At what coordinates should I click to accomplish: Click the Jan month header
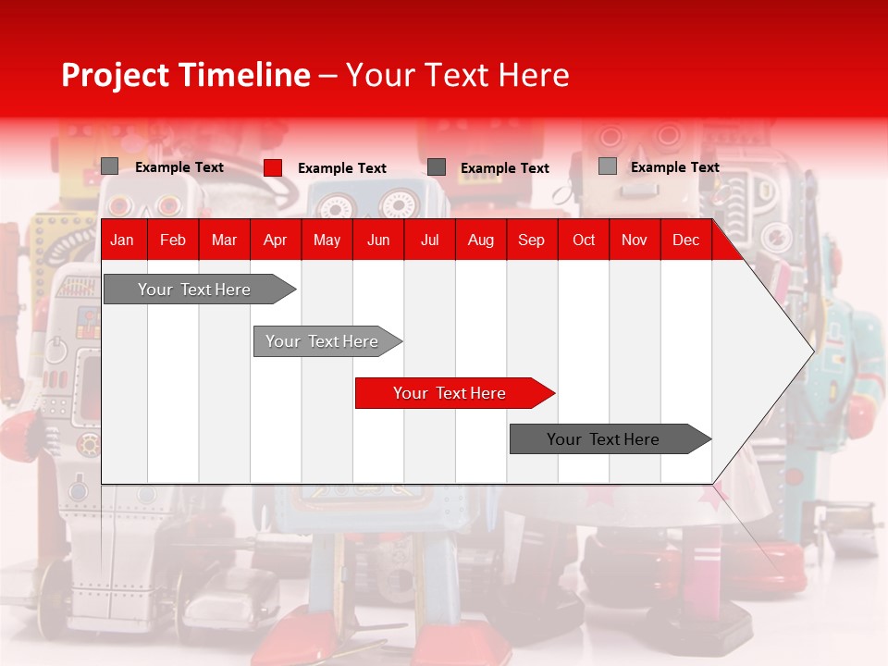(122, 240)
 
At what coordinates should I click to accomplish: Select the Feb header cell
(173, 240)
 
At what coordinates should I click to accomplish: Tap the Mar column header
(224, 240)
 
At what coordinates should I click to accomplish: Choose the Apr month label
(275, 240)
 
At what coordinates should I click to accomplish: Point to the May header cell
(327, 240)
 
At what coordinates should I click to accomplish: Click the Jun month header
(378, 240)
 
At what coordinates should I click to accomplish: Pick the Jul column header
(429, 240)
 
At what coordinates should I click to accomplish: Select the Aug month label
(480, 240)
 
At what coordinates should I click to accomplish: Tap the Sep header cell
(531, 240)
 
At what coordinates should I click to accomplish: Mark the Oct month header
(584, 240)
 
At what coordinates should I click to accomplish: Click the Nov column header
(634, 240)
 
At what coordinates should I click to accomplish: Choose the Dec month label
(685, 240)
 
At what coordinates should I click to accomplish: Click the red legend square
(273, 167)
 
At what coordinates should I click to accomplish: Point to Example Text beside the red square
(342, 168)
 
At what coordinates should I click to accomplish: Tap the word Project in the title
(115, 75)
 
